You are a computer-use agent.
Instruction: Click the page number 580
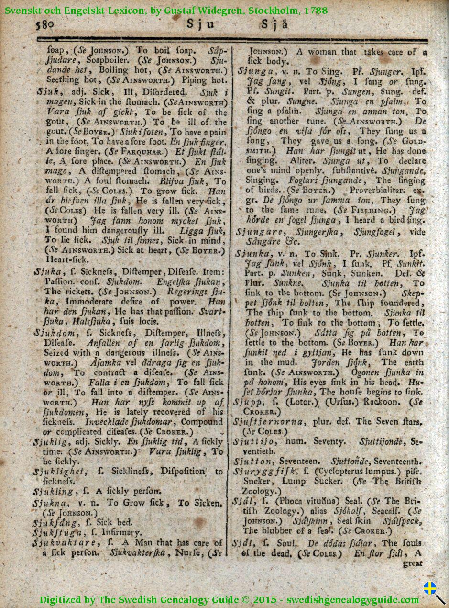click(47, 24)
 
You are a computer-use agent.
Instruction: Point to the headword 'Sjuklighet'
click(59, 471)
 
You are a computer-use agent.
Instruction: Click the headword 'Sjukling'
click(53, 492)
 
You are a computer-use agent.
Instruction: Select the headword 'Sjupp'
click(248, 401)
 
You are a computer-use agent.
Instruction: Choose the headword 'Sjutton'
click(253, 461)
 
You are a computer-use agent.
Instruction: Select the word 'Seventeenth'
click(397, 462)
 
